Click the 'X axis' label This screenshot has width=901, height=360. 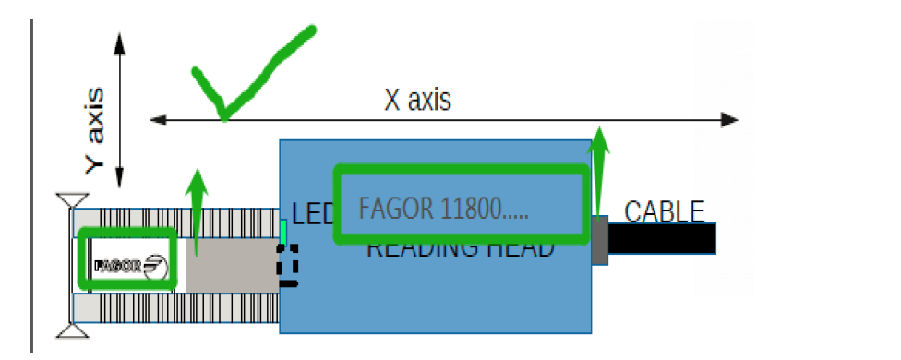417,100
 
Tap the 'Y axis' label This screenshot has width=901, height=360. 95,129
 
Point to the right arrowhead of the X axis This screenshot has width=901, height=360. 729,120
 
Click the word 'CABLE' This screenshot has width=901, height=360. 665,211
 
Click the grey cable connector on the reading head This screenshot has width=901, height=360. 599,240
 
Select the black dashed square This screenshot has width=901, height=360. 289,264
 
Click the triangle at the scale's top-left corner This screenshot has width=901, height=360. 71,200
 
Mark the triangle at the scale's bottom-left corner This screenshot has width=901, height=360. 71,330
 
